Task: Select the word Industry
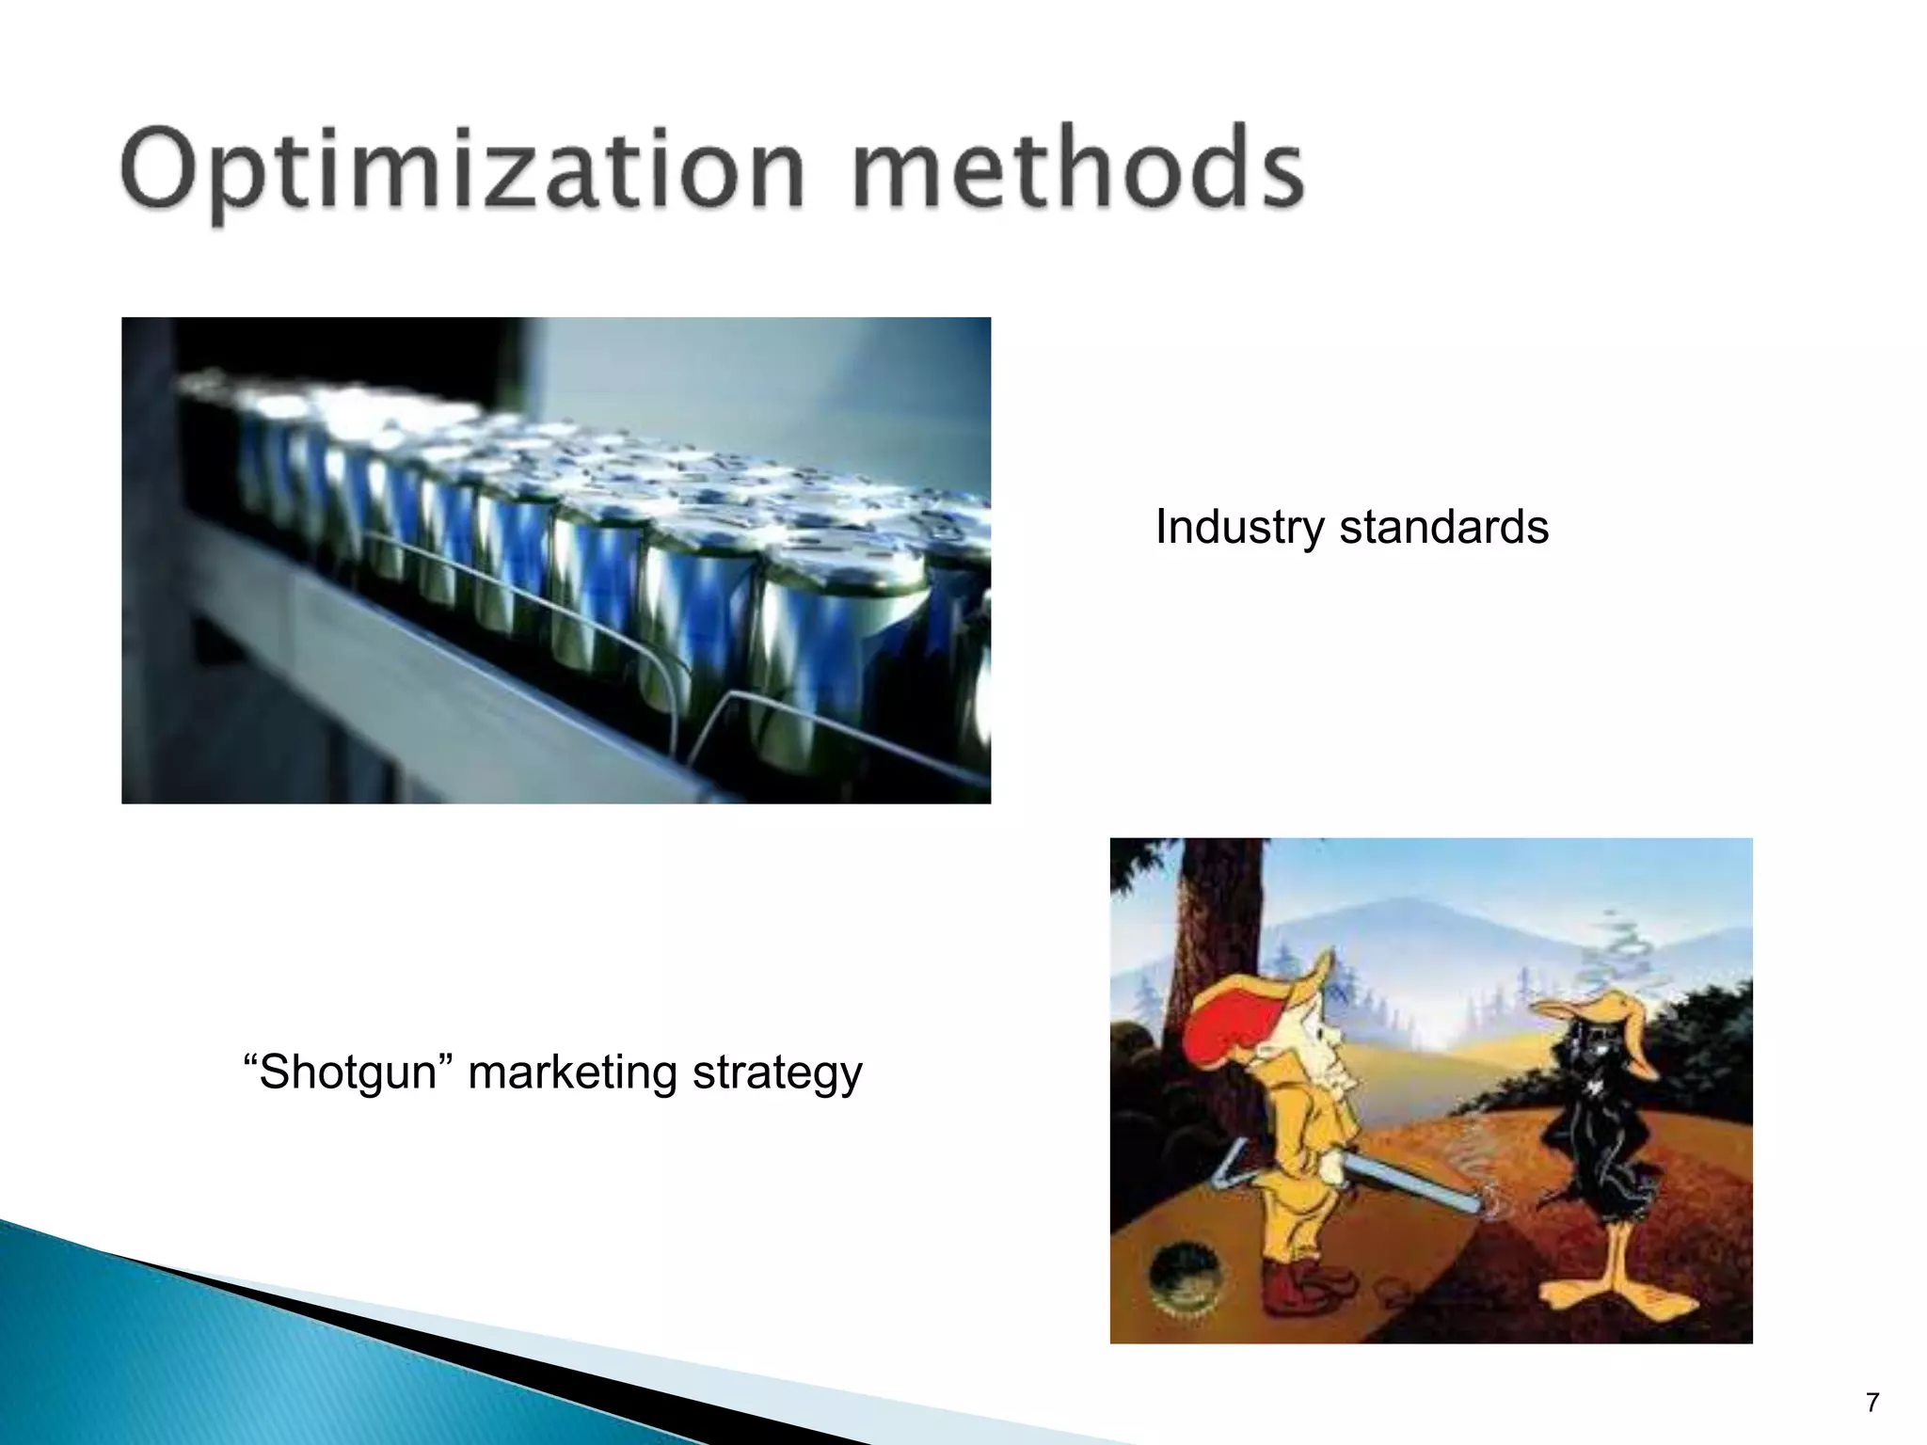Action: click(1239, 528)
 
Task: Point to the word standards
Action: click(1443, 526)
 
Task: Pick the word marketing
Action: click(572, 1073)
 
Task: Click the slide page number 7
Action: click(1871, 1403)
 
